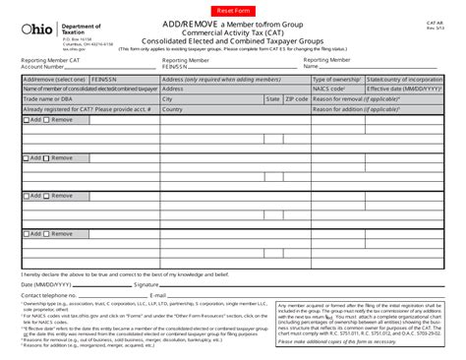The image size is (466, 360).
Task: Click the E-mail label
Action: [157, 294]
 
